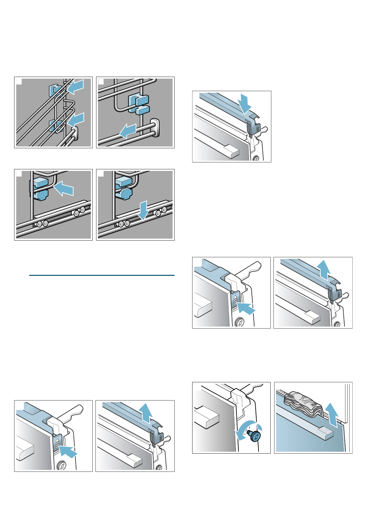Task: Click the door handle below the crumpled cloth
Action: click(x=320, y=434)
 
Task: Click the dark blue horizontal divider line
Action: click(x=101, y=275)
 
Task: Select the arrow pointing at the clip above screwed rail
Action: click(x=64, y=189)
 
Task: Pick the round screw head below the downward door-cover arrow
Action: click(x=257, y=158)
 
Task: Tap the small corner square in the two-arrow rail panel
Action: click(x=19, y=81)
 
